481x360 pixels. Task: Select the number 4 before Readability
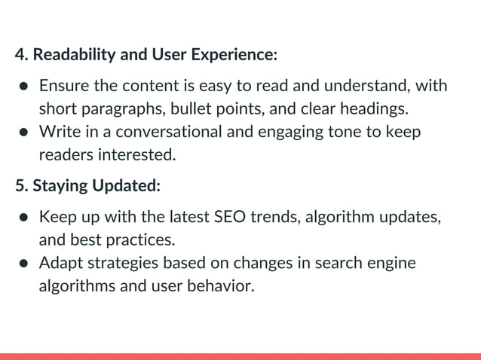pos(20,55)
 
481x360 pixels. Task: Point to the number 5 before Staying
pos(20,185)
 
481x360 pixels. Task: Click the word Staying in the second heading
pos(58,185)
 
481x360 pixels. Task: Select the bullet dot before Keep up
pos(23,218)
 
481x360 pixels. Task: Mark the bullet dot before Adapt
pos(23,264)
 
